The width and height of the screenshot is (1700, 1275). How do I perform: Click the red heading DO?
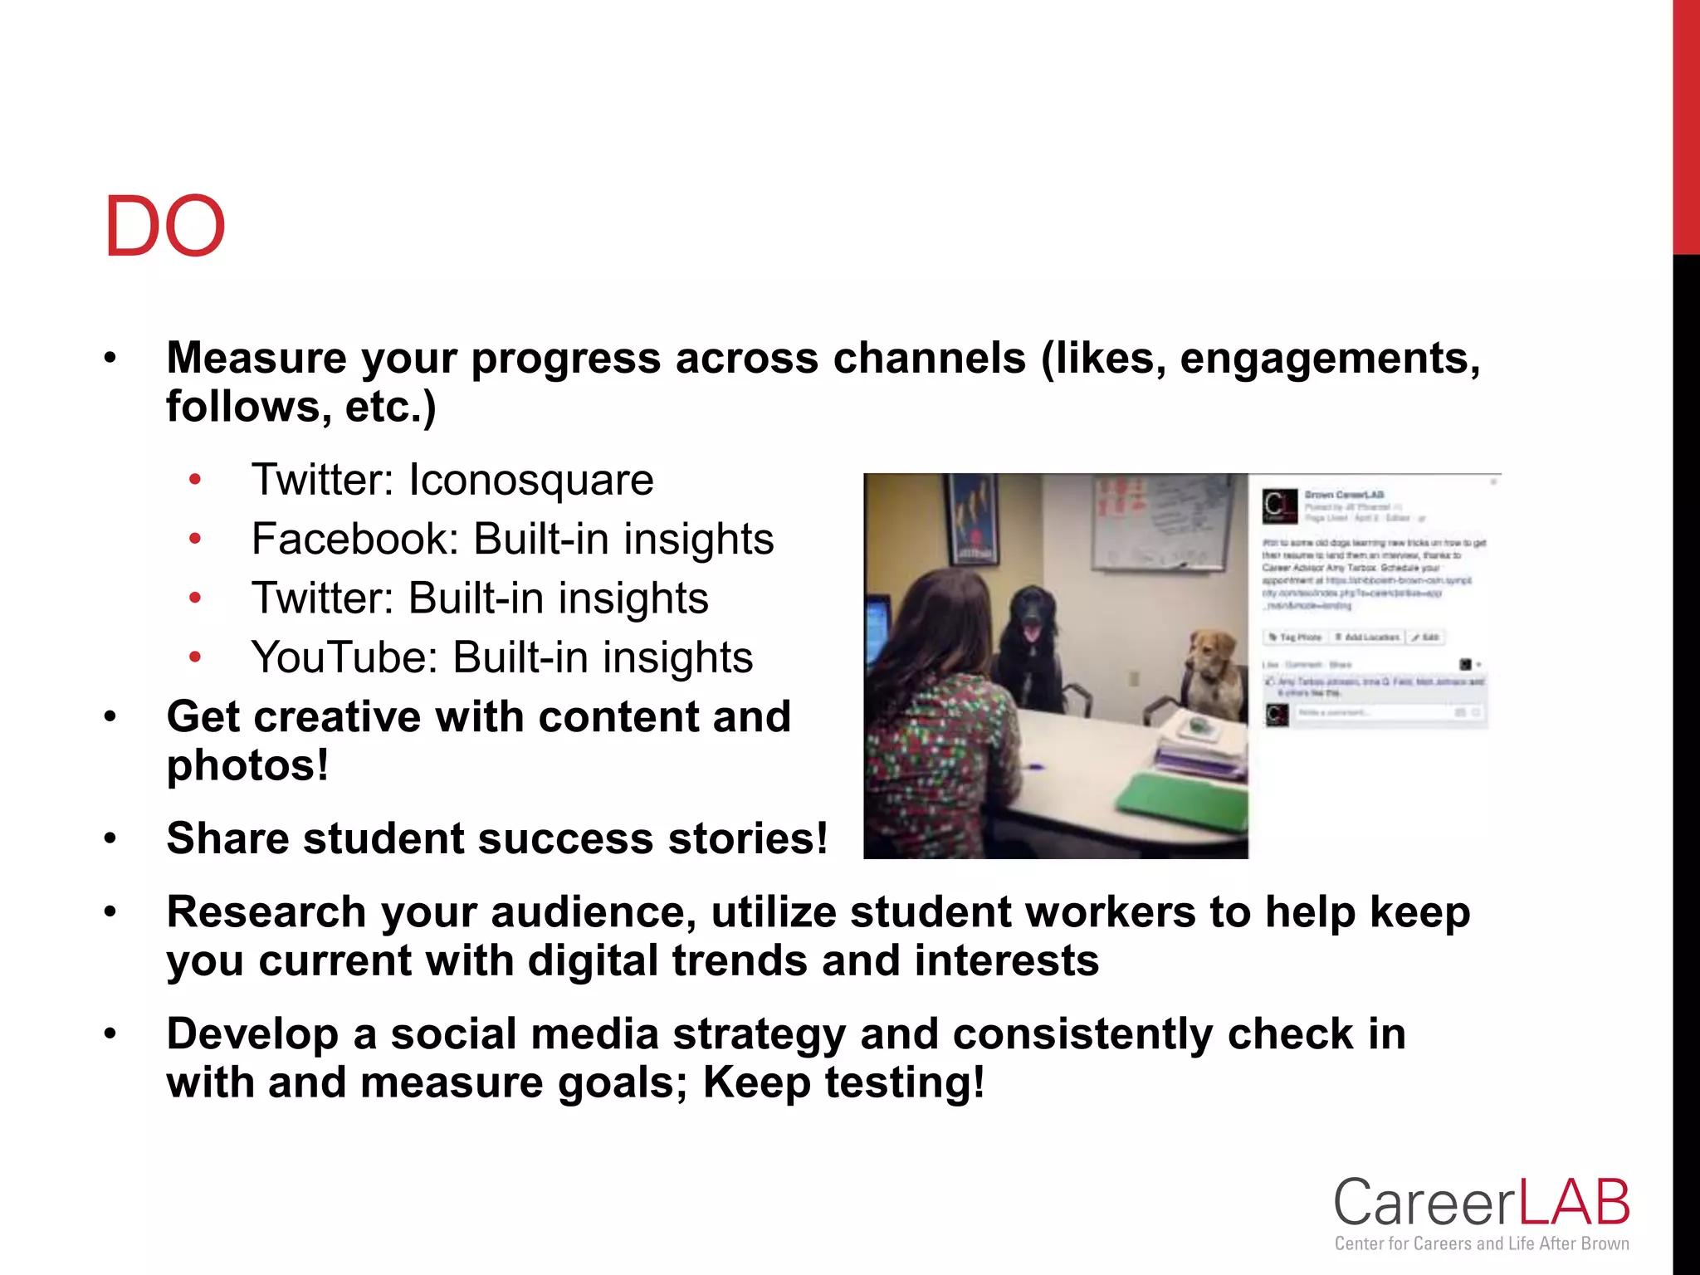[x=164, y=227]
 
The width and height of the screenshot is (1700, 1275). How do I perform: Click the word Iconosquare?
[x=531, y=480]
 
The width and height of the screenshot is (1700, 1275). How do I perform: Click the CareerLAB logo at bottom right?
[x=1482, y=1204]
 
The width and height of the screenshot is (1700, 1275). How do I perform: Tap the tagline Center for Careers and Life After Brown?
[x=1482, y=1243]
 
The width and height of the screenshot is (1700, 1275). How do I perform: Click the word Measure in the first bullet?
[x=256, y=359]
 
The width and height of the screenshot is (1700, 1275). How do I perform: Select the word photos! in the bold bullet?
[x=247, y=765]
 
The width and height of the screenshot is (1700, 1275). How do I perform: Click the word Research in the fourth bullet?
[x=266, y=912]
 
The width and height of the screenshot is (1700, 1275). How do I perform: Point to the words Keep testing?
[x=843, y=1082]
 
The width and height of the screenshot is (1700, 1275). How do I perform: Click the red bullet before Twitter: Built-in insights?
[x=195, y=598]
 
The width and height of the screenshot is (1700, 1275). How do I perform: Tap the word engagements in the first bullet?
[x=1328, y=359]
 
